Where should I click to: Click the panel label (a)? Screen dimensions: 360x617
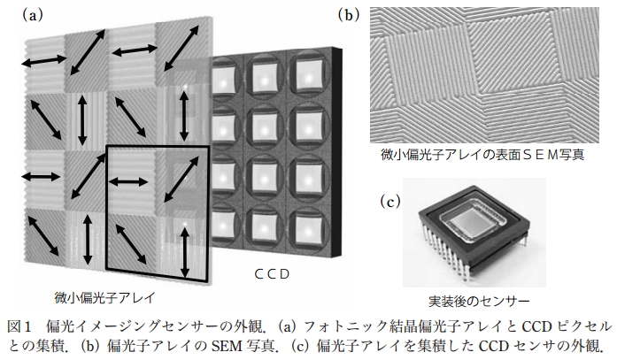[33, 15]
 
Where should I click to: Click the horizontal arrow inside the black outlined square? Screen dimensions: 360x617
[128, 181]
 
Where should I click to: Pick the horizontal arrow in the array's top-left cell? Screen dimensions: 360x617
[42, 60]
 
